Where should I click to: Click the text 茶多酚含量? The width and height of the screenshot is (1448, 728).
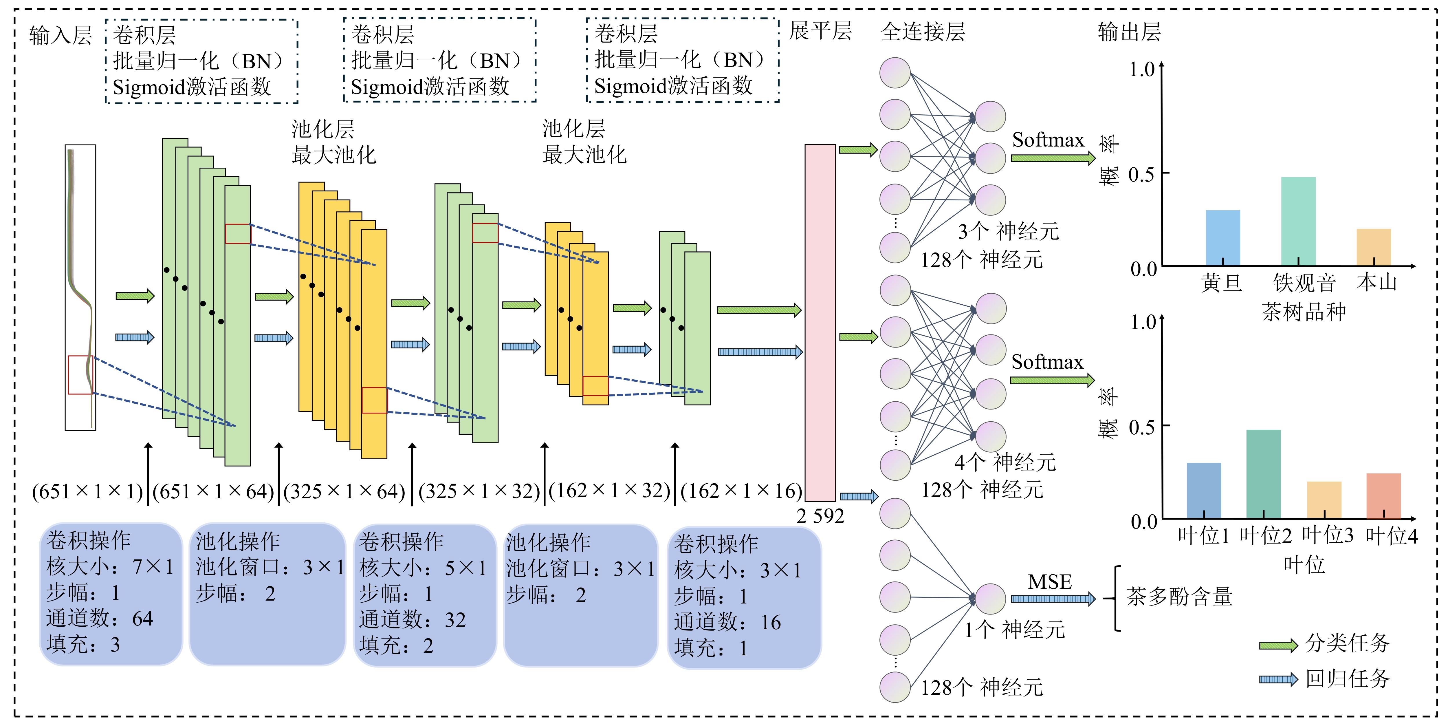(x=1179, y=597)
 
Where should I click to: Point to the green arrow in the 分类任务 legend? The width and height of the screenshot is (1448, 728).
(x=1278, y=645)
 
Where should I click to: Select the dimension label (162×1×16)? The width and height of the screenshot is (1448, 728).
(x=741, y=491)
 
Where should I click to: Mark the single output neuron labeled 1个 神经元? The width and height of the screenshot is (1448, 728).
(x=990, y=599)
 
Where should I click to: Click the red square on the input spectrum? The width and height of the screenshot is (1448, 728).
(x=80, y=375)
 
